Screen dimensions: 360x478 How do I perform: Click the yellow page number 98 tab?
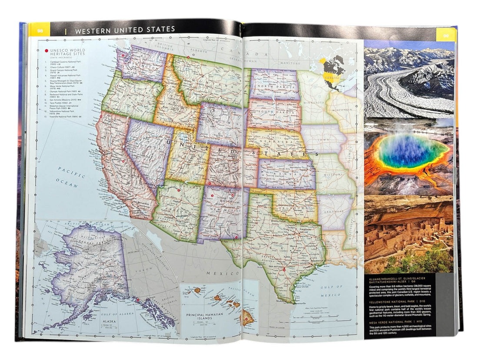(40, 30)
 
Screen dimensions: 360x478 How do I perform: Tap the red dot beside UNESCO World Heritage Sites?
(46, 51)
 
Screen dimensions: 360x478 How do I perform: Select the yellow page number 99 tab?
(446, 35)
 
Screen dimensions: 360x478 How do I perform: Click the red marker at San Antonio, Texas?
(284, 270)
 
